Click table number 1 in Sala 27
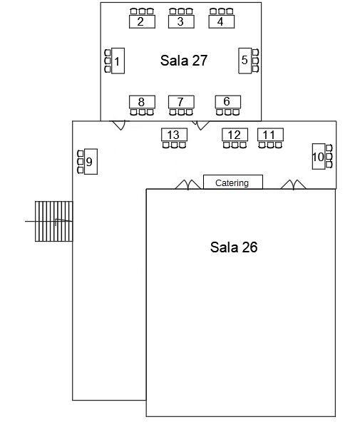point(118,61)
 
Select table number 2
point(142,22)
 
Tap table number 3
point(181,22)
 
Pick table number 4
point(222,22)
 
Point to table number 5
point(245,61)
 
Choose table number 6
point(228,102)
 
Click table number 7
point(181,102)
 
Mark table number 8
point(142,102)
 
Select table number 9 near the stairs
point(91,162)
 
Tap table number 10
point(319,156)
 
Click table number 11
point(270,135)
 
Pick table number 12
point(235,135)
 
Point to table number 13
point(174,135)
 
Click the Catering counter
point(233,182)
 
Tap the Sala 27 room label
point(184,61)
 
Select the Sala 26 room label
point(234,247)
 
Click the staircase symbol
point(54,221)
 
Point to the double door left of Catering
point(188,185)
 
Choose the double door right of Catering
point(293,185)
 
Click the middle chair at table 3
point(181,11)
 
